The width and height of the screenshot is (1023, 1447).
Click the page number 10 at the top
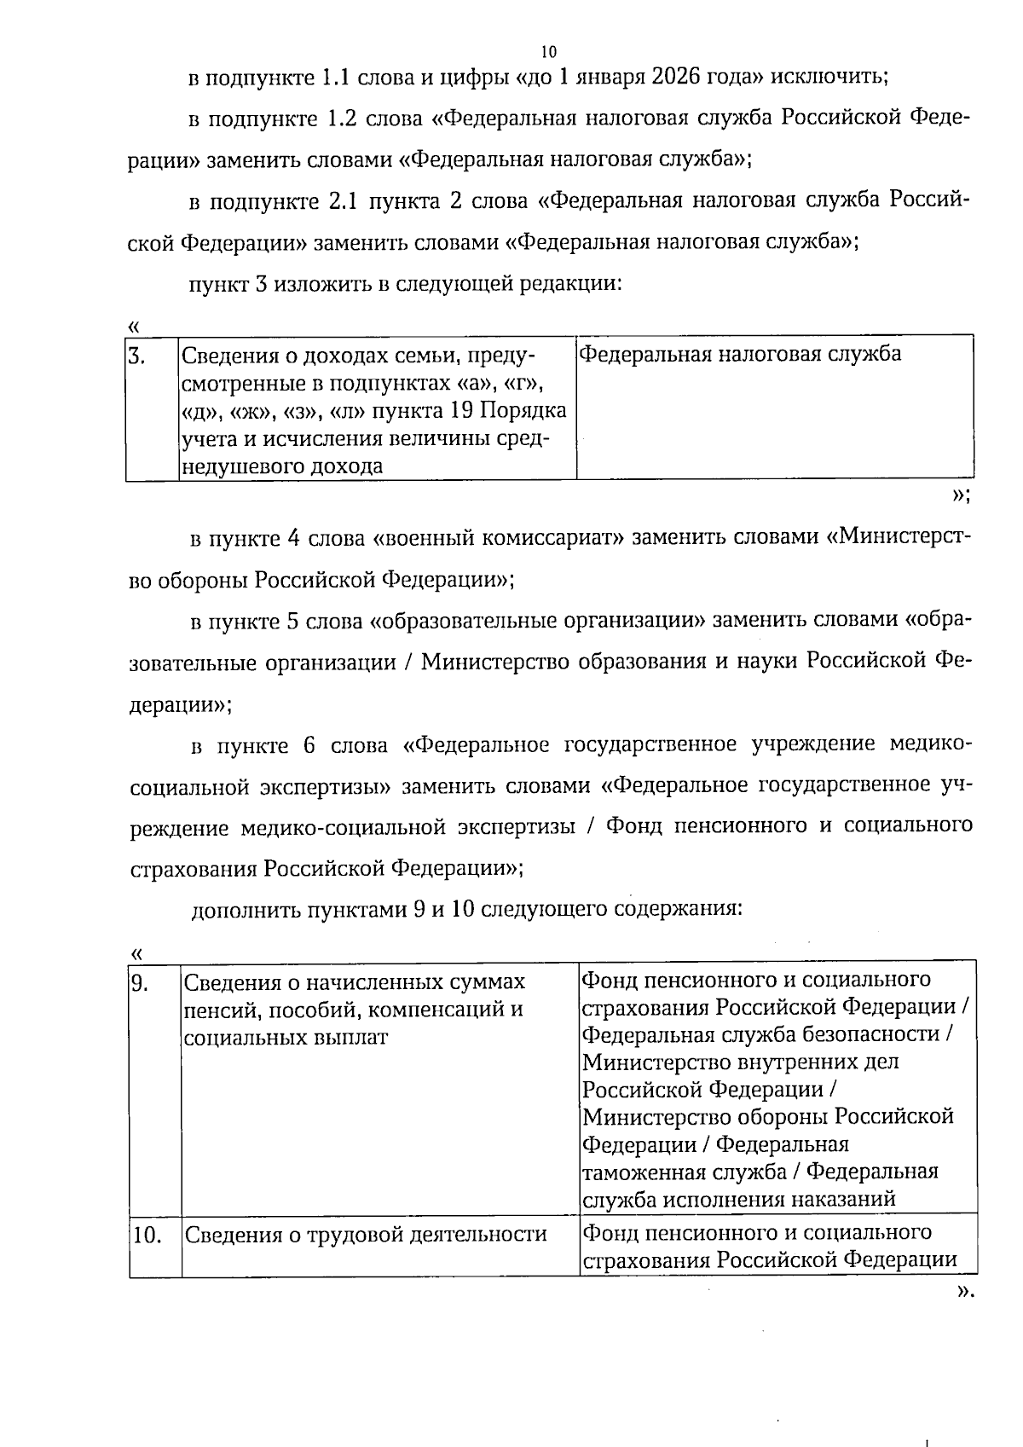coord(548,51)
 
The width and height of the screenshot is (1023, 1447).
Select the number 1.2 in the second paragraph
coord(342,118)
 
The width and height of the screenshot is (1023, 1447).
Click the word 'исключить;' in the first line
coord(830,77)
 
